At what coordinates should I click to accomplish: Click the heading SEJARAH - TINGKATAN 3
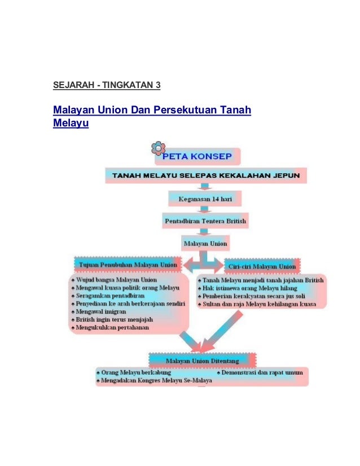point(107,85)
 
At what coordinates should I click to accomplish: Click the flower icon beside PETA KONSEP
point(158,148)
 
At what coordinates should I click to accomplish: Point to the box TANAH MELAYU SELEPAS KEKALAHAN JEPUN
point(206,175)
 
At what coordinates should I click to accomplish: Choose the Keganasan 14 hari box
point(205,199)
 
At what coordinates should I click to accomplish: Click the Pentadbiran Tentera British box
point(205,221)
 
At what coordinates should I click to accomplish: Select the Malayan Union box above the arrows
point(205,244)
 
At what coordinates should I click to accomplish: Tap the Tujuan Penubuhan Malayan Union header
point(129,265)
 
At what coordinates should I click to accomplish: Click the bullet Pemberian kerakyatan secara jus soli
point(257,296)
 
